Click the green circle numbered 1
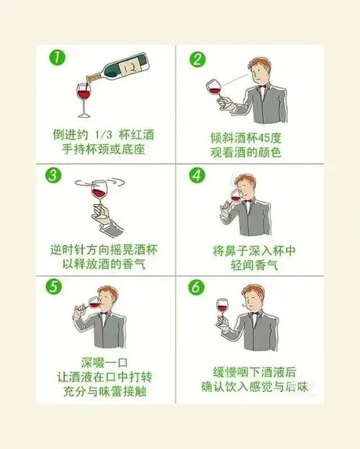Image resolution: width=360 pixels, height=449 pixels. (x=57, y=58)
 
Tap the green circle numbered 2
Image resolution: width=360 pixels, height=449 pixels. (x=197, y=60)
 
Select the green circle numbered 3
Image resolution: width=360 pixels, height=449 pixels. (x=53, y=175)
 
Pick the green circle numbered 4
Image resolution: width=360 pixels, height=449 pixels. (x=197, y=175)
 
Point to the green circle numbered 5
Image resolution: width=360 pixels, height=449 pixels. (x=54, y=286)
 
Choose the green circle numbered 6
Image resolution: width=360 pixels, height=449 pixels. (x=197, y=287)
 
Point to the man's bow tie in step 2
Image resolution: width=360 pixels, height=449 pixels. (x=262, y=86)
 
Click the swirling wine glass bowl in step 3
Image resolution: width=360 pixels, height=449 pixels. (x=98, y=190)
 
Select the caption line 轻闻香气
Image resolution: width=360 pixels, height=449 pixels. (x=254, y=265)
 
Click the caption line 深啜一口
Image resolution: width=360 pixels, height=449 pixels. (x=104, y=363)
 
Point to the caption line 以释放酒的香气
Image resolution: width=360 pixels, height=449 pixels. (x=104, y=264)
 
